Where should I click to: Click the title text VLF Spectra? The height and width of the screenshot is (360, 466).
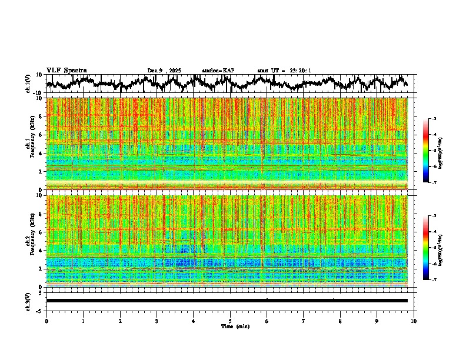coord(66,70)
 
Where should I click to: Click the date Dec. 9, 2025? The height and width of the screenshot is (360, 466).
coord(164,71)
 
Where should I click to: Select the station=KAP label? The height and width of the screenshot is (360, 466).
coord(218,71)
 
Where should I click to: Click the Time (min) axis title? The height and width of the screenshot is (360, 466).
coord(230,326)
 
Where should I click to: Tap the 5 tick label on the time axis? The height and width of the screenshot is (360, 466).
coord(230,321)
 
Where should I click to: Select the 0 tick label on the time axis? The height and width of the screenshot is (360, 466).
coord(46,321)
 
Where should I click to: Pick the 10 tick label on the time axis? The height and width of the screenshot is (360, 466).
coord(414,321)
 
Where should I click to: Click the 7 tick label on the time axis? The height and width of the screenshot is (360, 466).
coord(304,321)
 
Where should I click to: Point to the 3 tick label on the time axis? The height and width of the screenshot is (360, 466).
coord(157,321)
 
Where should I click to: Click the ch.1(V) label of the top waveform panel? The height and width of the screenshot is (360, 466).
coord(29,84)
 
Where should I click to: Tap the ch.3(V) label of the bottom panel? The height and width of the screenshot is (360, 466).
coord(29,301)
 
